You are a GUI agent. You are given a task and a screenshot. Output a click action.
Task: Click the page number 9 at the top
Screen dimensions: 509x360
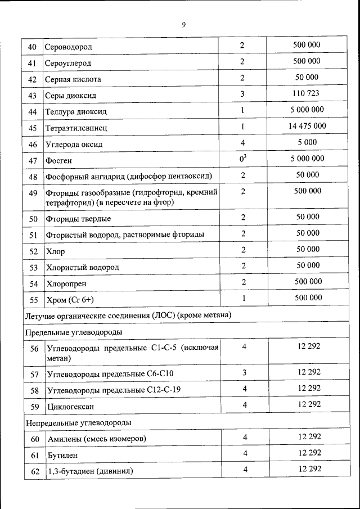click(x=183, y=24)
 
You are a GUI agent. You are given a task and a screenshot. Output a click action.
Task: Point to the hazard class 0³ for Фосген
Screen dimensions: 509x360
click(x=242, y=159)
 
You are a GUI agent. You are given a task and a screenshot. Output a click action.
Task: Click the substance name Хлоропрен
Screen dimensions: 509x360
click(x=66, y=284)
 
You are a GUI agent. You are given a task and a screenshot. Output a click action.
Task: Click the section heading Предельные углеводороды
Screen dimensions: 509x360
click(x=74, y=332)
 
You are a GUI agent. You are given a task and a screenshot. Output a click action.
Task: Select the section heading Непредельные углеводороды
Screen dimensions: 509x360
click(x=78, y=422)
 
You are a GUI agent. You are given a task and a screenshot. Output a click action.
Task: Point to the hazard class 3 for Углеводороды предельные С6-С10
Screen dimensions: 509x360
click(x=244, y=372)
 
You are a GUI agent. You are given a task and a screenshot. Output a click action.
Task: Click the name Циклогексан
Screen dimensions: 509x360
click(x=70, y=406)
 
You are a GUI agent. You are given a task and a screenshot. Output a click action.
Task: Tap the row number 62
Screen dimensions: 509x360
click(x=34, y=471)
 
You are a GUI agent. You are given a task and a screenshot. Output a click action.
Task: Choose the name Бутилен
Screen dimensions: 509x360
click(x=62, y=454)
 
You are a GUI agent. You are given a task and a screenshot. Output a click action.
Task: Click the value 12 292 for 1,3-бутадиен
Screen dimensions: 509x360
click(x=309, y=469)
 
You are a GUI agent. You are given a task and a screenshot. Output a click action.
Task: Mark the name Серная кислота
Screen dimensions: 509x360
click(x=73, y=80)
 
